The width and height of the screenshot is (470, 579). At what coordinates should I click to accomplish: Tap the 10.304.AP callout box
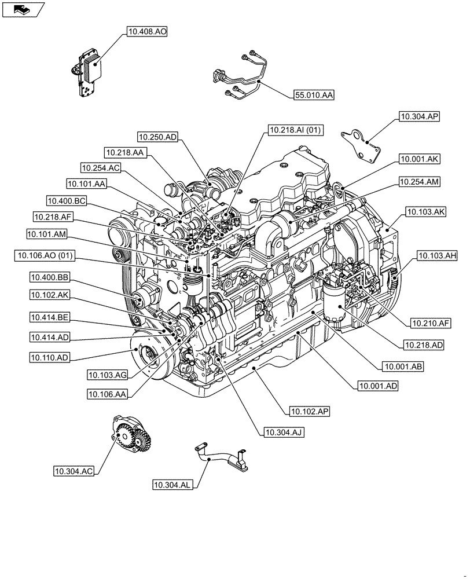click(419, 116)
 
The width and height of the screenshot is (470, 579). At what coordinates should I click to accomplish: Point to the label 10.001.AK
click(419, 157)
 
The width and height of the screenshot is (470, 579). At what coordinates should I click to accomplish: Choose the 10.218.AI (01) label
click(295, 131)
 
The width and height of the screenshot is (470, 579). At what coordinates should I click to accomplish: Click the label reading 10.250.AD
click(158, 137)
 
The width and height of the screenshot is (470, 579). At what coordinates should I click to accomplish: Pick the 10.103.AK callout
click(425, 212)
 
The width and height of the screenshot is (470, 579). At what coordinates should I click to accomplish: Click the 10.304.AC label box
click(74, 471)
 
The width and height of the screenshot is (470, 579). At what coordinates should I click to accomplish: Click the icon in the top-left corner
click(23, 9)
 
